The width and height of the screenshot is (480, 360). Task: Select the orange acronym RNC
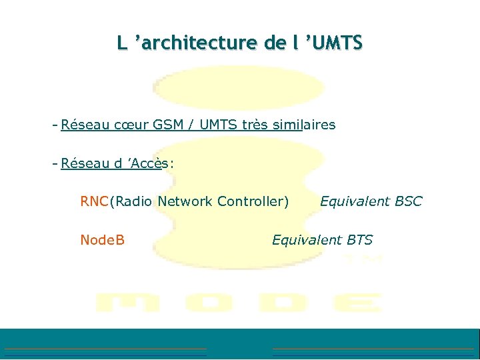click(94, 201)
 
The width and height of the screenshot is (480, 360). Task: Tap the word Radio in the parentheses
click(133, 201)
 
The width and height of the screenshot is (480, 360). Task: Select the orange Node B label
click(102, 240)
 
